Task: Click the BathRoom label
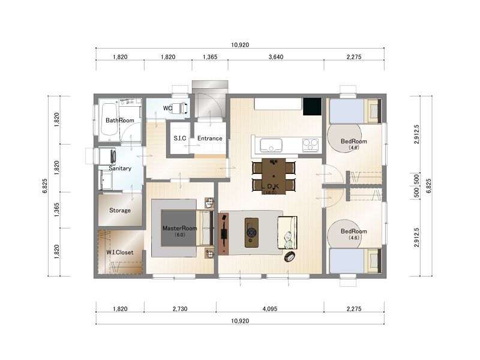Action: (x=119, y=121)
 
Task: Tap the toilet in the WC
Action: (x=179, y=108)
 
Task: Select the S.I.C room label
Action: (x=179, y=138)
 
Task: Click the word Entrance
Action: (x=209, y=139)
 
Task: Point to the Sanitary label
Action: (x=120, y=169)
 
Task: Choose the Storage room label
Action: (x=120, y=211)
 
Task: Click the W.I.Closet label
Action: (x=120, y=252)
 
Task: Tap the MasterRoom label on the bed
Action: (x=179, y=228)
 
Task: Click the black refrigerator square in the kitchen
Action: (x=312, y=107)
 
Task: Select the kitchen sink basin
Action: (x=271, y=145)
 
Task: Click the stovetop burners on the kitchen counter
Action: (x=310, y=145)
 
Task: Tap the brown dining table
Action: (x=274, y=176)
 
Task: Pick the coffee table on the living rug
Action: (x=251, y=233)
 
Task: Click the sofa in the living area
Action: (x=287, y=233)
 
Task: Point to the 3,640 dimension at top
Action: (x=276, y=57)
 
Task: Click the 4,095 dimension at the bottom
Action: (x=269, y=309)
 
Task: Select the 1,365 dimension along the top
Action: (x=210, y=57)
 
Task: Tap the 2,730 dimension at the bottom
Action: (x=180, y=309)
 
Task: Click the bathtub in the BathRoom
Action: (x=109, y=119)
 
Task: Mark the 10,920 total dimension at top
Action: (x=240, y=45)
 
